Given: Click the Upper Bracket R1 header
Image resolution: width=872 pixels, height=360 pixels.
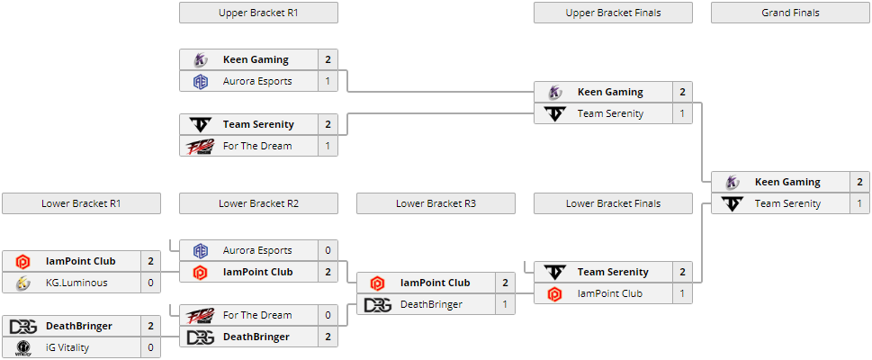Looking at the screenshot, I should point(258,13).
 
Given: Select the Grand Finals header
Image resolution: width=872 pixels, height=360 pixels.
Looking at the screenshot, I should point(790,13).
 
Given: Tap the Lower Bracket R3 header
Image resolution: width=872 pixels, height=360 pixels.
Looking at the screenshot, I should point(436,203).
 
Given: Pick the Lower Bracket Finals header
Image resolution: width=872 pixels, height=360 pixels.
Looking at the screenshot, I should point(613,203).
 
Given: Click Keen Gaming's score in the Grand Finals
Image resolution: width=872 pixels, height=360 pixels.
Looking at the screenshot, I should point(859,182).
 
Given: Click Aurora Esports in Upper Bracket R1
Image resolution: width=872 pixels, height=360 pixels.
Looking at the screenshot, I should point(257,81).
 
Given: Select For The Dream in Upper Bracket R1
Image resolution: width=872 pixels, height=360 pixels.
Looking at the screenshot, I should point(257,146).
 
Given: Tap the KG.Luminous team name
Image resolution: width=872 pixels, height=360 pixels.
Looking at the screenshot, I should point(76,283).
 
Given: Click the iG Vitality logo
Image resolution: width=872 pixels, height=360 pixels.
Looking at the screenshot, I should point(22,347).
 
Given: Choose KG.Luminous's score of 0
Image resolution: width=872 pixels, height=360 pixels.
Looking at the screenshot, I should point(150,283).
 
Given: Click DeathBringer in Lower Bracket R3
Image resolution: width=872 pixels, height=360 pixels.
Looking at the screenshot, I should point(431,304).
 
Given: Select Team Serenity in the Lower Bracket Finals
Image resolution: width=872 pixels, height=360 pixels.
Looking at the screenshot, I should point(613,272).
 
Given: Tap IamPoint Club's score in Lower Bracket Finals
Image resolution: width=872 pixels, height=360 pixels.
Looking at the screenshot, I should point(682,293).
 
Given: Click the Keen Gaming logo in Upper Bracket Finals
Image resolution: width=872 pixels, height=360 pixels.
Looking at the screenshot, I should point(554,92).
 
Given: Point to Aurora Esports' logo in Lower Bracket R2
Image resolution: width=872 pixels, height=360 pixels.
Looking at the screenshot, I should point(200,250).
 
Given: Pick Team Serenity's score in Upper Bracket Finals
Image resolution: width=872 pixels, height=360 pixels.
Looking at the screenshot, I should point(682,113).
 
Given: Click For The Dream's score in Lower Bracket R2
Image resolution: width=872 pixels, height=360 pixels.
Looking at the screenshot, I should point(328,315).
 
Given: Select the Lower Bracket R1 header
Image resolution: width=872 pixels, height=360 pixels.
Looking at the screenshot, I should point(81,203).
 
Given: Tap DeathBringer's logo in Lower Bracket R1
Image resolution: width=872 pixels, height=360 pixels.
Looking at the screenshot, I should point(22,326).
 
